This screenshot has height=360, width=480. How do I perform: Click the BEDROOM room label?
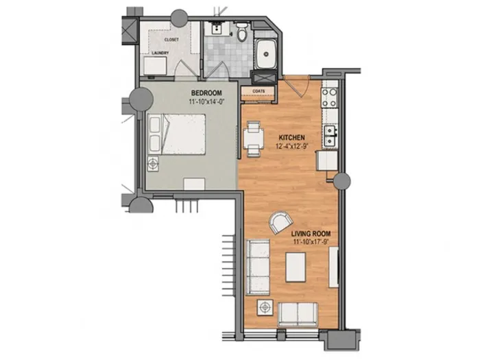206,93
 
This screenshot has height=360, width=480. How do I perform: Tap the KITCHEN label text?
291,137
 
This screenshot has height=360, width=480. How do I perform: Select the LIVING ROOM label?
311,234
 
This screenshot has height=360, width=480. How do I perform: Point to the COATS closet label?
259,91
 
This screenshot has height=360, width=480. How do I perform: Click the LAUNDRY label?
160,53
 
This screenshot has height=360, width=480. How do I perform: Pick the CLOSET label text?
171,40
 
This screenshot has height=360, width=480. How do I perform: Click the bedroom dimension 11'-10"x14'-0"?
206,101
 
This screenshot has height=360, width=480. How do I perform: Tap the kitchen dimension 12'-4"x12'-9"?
291,146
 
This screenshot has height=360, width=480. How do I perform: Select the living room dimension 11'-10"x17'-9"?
311,242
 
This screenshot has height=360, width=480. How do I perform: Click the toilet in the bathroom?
242,32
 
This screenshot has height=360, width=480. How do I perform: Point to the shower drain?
266,54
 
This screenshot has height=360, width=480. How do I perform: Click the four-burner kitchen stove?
329,97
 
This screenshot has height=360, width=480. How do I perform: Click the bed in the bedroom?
177,134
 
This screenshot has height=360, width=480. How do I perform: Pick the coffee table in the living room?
296,267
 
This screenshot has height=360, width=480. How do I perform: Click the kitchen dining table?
254,139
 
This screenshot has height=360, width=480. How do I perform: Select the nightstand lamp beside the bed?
153,164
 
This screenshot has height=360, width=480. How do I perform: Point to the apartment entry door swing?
297,86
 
